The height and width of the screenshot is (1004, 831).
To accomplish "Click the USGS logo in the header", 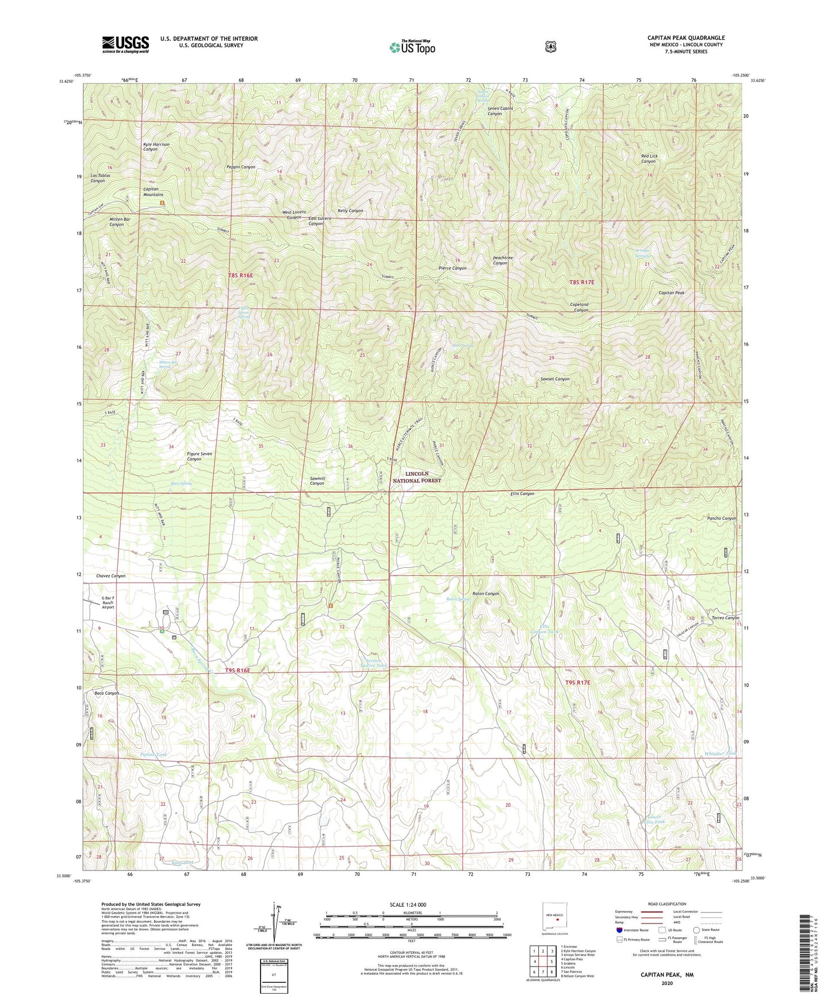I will [125, 44].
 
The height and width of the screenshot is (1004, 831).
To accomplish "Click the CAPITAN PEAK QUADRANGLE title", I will [686, 38].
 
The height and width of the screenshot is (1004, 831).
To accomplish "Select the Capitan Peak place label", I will [671, 293].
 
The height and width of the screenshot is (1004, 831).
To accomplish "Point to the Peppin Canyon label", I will [240, 167].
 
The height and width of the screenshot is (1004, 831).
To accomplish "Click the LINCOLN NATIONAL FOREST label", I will [417, 477].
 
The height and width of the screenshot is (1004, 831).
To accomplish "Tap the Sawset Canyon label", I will [555, 379].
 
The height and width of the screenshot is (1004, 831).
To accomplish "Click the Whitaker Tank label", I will [720, 753].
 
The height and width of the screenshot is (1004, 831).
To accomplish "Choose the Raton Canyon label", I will [485, 593].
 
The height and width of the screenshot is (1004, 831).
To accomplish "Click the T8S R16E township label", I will [240, 275].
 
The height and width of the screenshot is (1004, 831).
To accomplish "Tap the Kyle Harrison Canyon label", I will [156, 147].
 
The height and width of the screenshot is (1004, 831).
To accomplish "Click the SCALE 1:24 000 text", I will [408, 905].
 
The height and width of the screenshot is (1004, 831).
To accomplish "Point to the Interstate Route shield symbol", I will [619, 930].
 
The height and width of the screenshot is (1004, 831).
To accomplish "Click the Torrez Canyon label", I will [725, 618].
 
